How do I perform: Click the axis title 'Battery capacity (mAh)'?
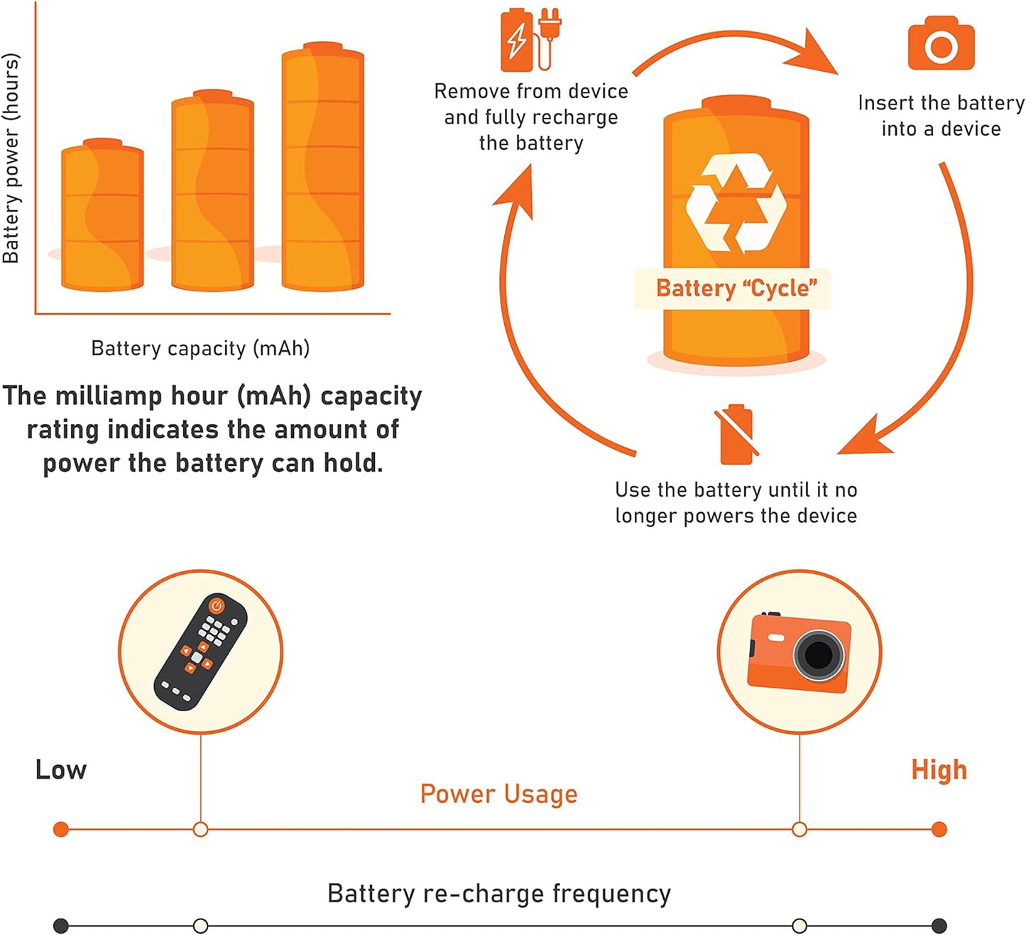coord(200,348)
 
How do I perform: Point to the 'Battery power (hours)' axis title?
coord(11,158)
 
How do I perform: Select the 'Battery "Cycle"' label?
coord(736,288)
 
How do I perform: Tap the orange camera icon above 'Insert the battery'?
coord(941,44)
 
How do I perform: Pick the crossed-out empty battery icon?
coord(736,434)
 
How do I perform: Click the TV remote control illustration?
coord(201,651)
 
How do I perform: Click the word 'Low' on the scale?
coord(61,769)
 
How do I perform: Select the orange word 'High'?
coord(939,769)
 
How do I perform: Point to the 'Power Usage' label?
coord(498,794)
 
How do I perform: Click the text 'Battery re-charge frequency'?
coord(498,893)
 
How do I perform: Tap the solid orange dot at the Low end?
coord(61,829)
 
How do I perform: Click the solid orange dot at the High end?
coord(939,829)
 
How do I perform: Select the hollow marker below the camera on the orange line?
coord(799,829)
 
